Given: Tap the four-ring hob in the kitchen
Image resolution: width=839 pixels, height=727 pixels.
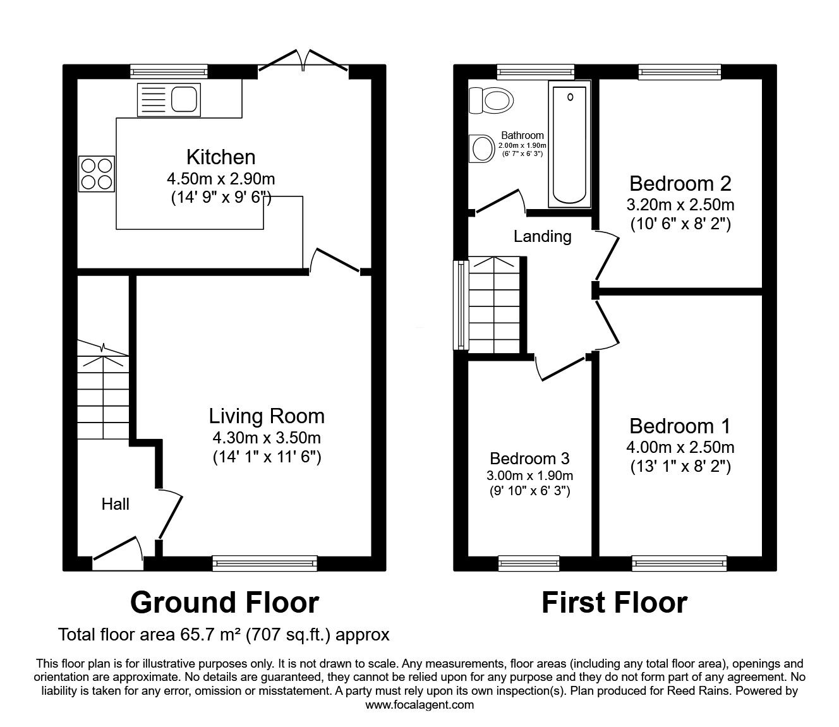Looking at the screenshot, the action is coord(97,174).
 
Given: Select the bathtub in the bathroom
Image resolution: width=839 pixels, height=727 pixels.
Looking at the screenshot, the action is coord(569,144).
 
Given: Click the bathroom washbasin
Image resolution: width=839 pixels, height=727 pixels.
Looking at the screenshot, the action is coord(482,148).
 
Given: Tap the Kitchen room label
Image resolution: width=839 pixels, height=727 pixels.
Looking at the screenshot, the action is coord(221,157).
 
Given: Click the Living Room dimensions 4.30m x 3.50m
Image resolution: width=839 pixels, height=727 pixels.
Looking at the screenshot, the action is coord(267,438).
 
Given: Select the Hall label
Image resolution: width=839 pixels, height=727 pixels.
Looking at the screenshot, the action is coord(115,504).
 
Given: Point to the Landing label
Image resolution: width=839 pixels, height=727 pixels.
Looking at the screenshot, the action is coord(543,236).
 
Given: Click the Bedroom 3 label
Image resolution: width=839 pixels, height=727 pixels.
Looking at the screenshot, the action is coord(529,459).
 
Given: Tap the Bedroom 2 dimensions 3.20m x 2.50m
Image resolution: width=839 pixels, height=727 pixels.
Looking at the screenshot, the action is coord(680,205).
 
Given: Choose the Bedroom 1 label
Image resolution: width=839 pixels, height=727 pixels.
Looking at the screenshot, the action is coord(680,426).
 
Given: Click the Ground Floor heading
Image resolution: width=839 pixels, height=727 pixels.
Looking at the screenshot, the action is coord(224,603).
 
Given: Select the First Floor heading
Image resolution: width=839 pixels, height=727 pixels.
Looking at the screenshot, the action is coord(615,603).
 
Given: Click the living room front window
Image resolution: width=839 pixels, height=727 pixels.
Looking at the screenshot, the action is coord(265,563).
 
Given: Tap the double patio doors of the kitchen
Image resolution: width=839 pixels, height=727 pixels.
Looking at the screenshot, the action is coord(303,61).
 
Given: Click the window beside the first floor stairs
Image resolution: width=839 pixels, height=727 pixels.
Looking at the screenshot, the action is coord(461,304).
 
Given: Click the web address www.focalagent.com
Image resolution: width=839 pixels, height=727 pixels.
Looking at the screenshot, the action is coord(419,705).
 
